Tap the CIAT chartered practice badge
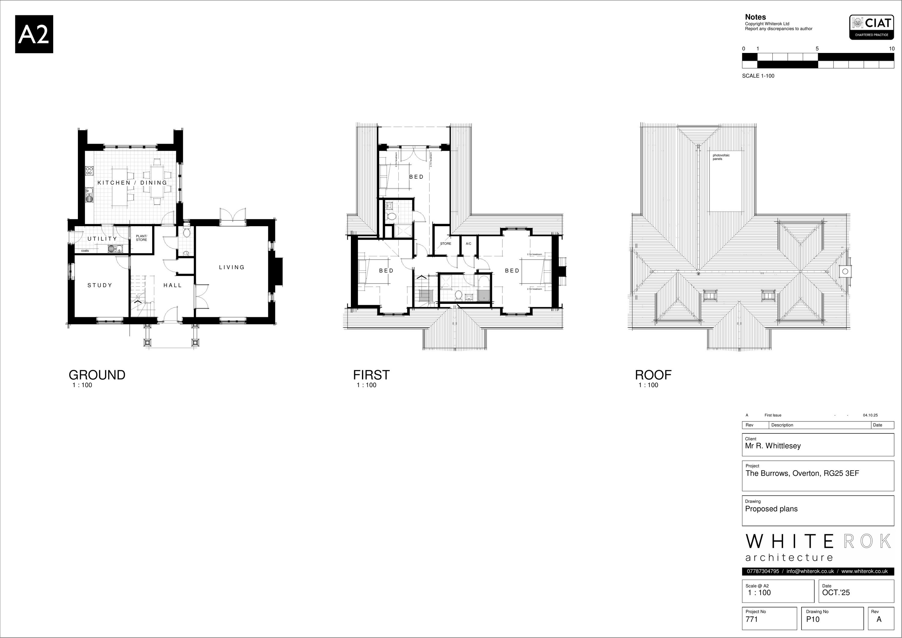coord(871,27)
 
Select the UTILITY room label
coord(102,239)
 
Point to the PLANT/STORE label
coord(141,238)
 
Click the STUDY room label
coord(100,285)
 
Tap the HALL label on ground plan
coord(173,285)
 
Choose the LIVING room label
coord(232,267)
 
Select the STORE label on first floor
coord(446,244)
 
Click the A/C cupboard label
coord(468,244)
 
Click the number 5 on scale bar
coord(817,49)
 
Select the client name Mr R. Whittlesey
coord(773,446)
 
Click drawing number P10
coord(813,619)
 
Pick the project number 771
coord(752,619)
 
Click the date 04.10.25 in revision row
coord(870,415)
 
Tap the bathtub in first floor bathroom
coord(483,289)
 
